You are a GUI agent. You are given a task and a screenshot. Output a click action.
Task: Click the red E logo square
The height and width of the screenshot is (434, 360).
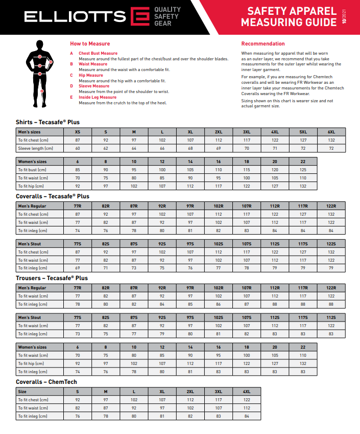(x=139, y=16)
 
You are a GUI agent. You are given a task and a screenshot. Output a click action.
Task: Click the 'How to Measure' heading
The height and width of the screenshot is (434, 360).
(x=90, y=44)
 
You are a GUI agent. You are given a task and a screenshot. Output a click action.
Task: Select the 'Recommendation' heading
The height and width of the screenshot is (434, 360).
(x=263, y=44)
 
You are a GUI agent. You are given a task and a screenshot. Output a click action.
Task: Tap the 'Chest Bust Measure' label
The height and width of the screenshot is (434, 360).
(x=98, y=53)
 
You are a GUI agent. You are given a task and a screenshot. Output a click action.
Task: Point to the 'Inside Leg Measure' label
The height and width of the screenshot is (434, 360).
(x=98, y=97)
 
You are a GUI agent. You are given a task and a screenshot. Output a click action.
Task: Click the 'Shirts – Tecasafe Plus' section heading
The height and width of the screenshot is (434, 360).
(x=47, y=122)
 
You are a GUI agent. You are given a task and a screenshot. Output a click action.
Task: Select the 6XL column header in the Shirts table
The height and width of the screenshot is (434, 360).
(x=331, y=132)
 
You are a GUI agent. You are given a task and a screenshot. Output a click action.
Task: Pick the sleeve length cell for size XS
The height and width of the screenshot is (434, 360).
(x=78, y=148)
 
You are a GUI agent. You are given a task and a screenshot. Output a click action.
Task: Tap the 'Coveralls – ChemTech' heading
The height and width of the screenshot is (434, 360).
(x=46, y=382)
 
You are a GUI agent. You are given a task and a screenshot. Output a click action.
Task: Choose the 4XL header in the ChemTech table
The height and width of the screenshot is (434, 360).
(x=247, y=392)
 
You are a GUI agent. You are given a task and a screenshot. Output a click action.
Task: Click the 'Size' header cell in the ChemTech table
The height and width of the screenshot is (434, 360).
(x=22, y=392)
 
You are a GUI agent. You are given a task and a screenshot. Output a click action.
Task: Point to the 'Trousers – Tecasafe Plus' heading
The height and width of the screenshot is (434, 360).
(x=52, y=278)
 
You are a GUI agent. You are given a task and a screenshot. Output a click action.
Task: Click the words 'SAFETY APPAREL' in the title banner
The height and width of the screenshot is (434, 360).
(x=292, y=11)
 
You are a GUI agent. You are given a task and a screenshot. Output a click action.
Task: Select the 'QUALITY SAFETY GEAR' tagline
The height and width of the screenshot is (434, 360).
(x=167, y=16)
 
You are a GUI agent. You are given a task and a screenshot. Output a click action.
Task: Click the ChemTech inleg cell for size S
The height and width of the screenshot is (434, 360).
(x=78, y=416)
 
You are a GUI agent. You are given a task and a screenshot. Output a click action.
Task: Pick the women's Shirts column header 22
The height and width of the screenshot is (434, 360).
(x=303, y=161)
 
